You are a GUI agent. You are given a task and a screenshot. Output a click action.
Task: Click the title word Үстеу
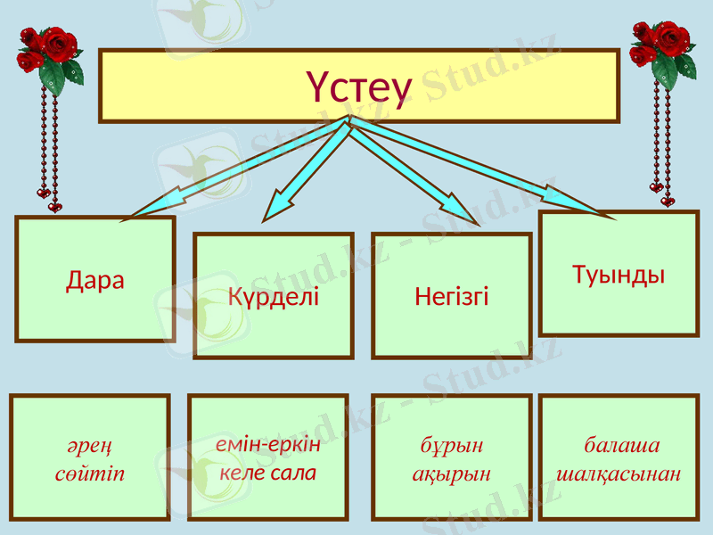359,87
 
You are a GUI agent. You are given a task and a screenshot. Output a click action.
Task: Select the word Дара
95,280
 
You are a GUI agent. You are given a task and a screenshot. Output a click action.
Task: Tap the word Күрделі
274,296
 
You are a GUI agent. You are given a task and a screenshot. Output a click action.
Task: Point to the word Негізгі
452,296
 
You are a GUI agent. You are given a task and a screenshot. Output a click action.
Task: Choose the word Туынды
619,274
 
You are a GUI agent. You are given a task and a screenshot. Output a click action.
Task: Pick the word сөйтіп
89,473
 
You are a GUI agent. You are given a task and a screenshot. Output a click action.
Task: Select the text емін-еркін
268,443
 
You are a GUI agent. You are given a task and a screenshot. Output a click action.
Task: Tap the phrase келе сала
268,472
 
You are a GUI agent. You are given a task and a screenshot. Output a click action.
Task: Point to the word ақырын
452,473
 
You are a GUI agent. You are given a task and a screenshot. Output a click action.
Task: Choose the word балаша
621,445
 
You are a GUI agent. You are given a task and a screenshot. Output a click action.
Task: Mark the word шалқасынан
619,473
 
